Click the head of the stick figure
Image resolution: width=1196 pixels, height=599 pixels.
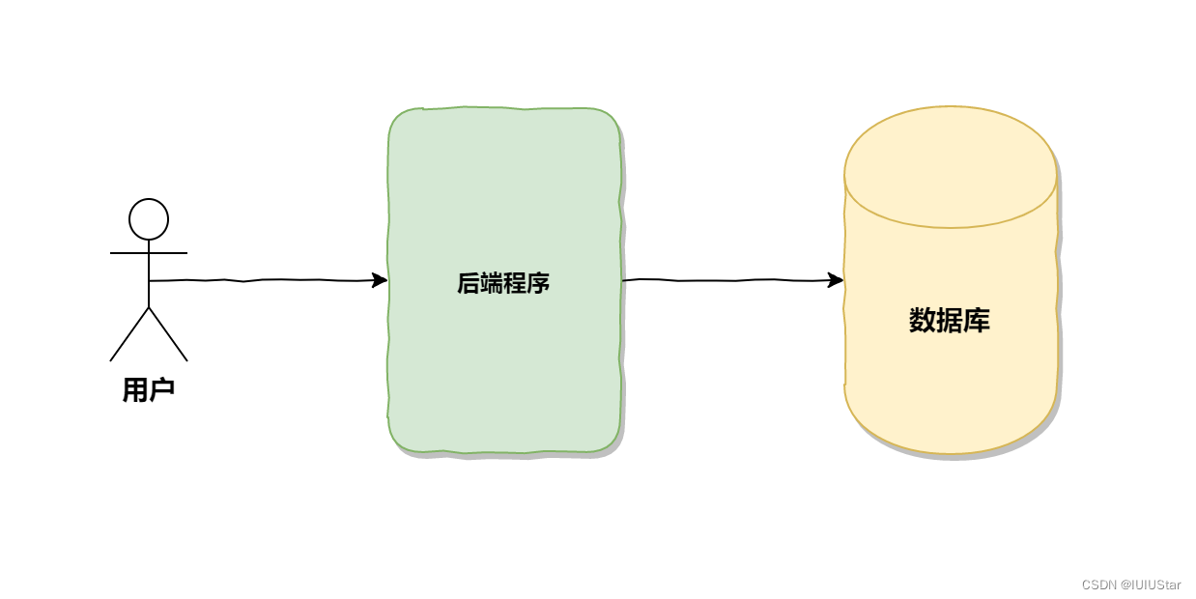pos(149,219)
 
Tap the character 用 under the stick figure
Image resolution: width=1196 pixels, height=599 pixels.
pos(135,389)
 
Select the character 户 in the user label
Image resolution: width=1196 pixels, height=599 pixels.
pos(161,389)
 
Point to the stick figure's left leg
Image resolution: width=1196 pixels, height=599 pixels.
pos(129,334)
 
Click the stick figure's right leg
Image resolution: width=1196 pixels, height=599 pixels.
pos(168,334)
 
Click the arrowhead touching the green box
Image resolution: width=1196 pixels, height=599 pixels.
pos(381,280)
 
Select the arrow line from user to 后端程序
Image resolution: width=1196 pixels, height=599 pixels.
pos(261,280)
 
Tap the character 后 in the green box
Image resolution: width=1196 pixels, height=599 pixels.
pos(469,284)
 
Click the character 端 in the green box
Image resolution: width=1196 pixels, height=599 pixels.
pos(492,284)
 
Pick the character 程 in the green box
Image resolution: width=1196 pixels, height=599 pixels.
pos(515,284)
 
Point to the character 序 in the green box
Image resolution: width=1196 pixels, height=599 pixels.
pos(538,284)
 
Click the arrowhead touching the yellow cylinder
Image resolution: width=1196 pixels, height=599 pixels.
pos(837,280)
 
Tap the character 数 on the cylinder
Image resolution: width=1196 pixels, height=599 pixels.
pos(923,321)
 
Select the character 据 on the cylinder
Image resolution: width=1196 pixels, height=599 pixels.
pos(950,321)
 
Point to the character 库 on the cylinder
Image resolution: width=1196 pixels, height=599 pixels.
pos(977,321)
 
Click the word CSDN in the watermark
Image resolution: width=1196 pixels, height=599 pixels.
pos(1099,585)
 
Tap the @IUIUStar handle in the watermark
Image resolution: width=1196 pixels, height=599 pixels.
pos(1151,585)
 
